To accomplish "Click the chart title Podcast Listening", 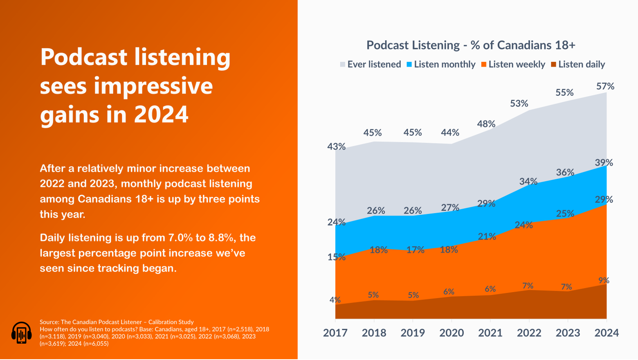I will [x=470, y=45].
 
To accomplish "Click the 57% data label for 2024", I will [x=605, y=86].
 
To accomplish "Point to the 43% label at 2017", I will [x=336, y=146].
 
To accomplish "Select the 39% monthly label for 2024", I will [x=604, y=163].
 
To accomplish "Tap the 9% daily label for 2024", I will [x=604, y=280].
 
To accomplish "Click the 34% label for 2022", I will [x=528, y=181].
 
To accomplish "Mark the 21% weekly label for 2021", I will [x=487, y=236].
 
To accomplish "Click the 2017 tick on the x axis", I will [x=335, y=333].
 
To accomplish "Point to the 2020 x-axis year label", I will [x=452, y=333].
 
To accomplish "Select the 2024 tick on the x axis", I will [x=607, y=333].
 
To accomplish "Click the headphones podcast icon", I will [x=21, y=333].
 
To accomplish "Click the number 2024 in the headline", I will [x=161, y=115].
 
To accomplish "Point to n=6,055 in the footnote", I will [x=95, y=344].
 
